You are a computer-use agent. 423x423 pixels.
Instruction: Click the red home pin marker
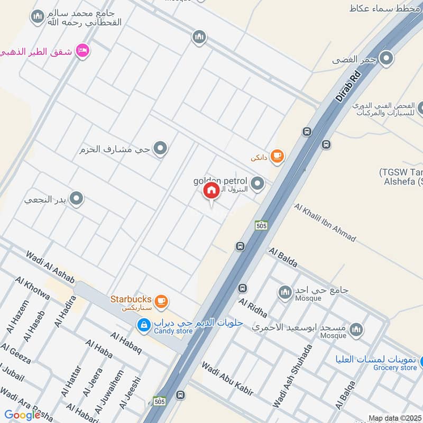click(x=211, y=191)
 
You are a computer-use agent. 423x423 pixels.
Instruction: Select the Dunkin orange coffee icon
click(x=277, y=156)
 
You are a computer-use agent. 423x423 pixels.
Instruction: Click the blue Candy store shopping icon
click(x=143, y=325)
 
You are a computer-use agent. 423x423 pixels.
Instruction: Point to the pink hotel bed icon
click(x=82, y=51)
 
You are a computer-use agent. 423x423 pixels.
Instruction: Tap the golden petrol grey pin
click(x=258, y=184)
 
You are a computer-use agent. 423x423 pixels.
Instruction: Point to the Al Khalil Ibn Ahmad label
click(x=325, y=223)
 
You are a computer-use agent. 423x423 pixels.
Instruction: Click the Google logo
click(x=22, y=415)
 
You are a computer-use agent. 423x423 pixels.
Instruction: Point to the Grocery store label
click(x=395, y=367)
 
